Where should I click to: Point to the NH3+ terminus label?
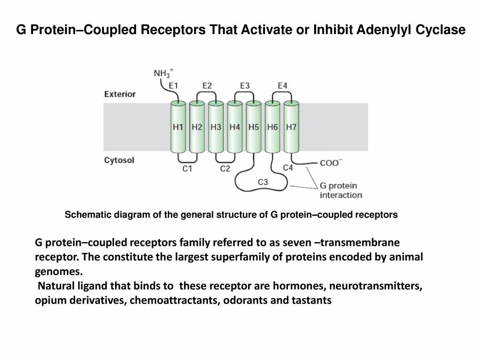pos(164,73)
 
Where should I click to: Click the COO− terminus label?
pos(331,163)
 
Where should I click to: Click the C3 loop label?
pos(263,182)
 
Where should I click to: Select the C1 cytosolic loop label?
pos(187,169)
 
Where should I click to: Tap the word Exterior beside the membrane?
pos(120,94)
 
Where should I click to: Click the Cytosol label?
pos(119,160)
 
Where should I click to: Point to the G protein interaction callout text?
pos(340,190)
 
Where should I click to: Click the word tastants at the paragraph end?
pos(311,300)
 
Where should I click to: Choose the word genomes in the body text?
pos(55,271)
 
